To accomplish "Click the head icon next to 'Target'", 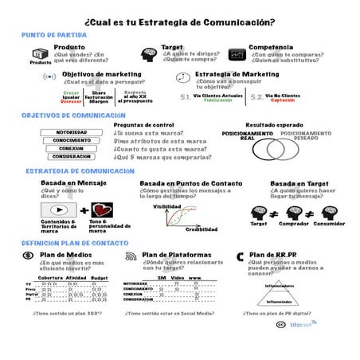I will click(148, 54).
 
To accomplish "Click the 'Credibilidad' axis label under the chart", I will click(202, 229).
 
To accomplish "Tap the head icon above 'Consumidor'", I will click(329, 212).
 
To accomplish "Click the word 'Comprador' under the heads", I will click(295, 224).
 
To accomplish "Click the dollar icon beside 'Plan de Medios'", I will click(28, 256).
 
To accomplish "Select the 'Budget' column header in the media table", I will click(100, 277).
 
